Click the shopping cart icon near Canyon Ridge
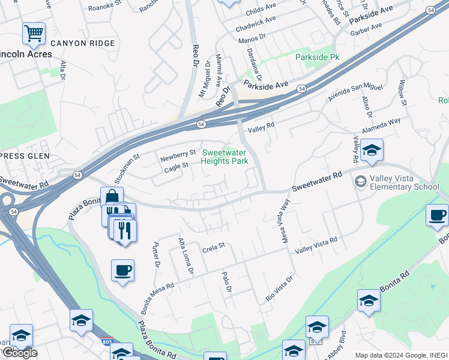click(x=34, y=34)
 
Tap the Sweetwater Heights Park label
click(x=224, y=157)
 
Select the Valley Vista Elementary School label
click(x=405, y=182)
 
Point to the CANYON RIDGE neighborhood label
click(x=82, y=43)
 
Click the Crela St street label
click(x=213, y=246)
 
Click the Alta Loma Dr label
click(x=185, y=256)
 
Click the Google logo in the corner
click(x=20, y=353)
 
